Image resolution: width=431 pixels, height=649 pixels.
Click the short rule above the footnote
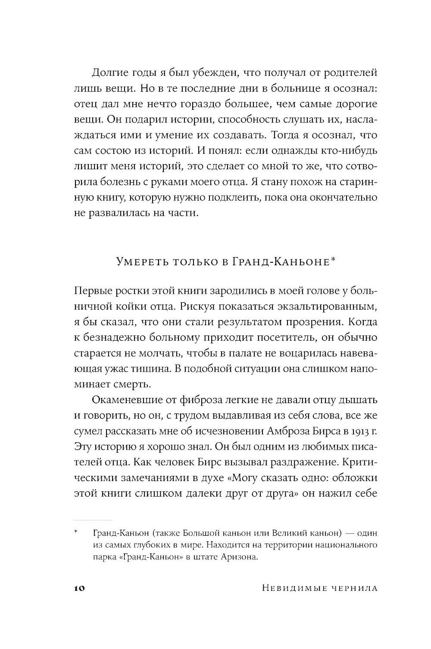tap(93, 520)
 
